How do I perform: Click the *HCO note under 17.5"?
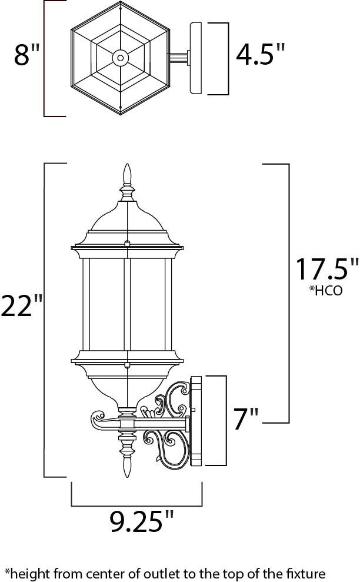[325, 291]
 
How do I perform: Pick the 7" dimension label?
[246, 419]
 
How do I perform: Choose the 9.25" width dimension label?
[142, 521]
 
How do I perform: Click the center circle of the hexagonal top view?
[121, 58]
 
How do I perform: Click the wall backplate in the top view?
[195, 58]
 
